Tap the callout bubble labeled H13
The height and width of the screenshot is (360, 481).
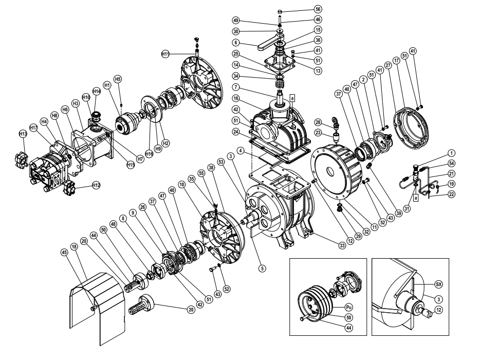(23, 134)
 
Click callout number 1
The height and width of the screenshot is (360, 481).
(451, 152)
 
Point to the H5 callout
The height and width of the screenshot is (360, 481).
(118, 79)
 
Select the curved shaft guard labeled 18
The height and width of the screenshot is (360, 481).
(98, 303)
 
